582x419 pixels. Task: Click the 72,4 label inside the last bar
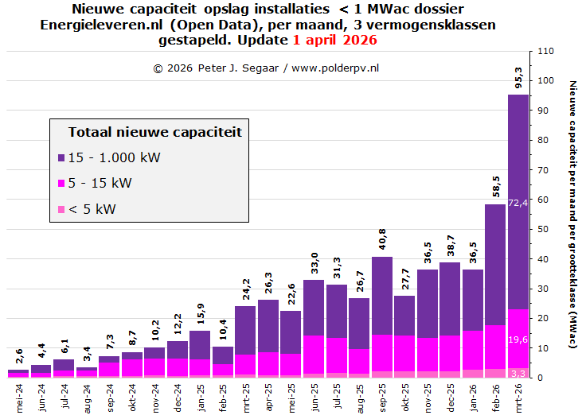coord(518,204)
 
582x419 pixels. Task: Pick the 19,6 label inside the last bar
coord(518,339)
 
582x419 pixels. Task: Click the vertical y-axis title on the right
coord(572,215)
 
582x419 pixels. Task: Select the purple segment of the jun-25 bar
coord(314,308)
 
